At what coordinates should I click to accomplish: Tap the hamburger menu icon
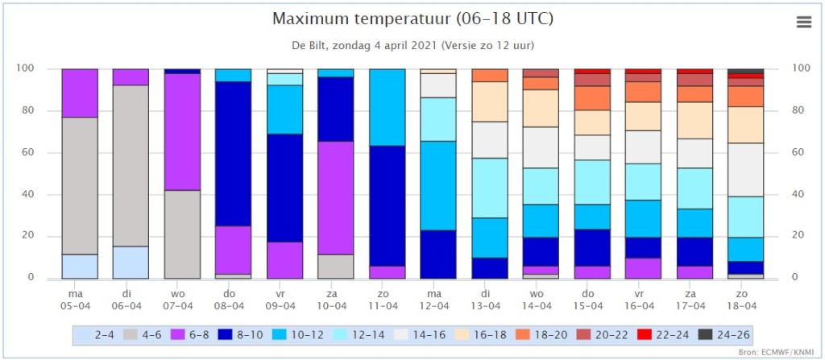[803, 22]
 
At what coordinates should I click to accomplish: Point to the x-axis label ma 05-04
[80, 300]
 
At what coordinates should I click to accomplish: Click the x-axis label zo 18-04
[745, 300]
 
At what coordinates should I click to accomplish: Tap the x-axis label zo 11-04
[388, 300]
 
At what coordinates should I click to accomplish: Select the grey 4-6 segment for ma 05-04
[80, 186]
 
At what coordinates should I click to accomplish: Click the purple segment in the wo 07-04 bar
[183, 132]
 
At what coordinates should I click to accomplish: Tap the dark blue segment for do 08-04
[234, 154]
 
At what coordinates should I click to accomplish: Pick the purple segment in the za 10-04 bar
[336, 198]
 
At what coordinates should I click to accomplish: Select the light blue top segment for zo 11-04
[388, 107]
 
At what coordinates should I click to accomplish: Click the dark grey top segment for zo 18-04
[745, 71]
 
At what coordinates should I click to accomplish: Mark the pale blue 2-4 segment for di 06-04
[131, 263]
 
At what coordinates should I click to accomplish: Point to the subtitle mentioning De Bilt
[412, 45]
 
